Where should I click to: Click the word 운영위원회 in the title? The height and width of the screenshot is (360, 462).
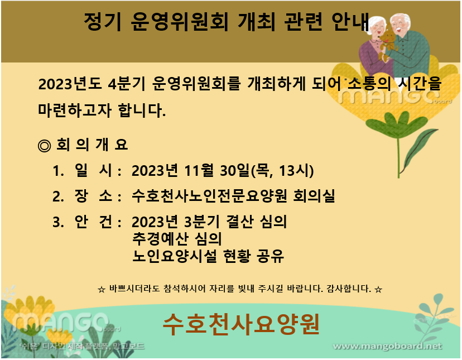point(180,22)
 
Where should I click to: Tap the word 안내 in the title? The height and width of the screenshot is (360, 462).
point(350,22)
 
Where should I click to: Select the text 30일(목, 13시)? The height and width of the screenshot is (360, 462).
point(267,171)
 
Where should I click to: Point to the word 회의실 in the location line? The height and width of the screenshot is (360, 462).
point(314,196)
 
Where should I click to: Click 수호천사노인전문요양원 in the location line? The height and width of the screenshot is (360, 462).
point(209,196)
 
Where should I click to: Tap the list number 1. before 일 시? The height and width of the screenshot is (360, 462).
point(59,171)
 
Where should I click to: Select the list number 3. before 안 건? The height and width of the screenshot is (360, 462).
point(59,222)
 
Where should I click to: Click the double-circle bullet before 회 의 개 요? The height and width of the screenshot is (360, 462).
point(45,145)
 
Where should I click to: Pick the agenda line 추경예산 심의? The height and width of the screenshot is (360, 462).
point(177,239)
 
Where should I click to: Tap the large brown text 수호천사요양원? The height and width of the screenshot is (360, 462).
point(241,324)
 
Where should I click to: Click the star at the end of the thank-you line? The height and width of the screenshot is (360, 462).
point(378,290)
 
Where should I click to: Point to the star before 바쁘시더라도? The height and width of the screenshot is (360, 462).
point(102,290)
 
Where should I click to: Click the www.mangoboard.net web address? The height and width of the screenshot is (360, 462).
point(387,346)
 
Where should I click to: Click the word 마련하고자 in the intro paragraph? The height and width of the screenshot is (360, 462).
point(75,111)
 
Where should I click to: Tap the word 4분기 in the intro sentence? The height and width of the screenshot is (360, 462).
point(127,84)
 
